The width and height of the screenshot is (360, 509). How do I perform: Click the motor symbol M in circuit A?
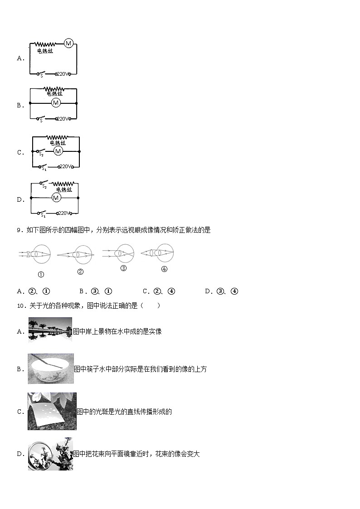click(x=68, y=44)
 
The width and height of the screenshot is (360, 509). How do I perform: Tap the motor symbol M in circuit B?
click(x=56, y=103)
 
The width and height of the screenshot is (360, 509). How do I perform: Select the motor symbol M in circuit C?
click(x=58, y=151)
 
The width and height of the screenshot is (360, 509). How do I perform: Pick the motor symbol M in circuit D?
click(x=56, y=198)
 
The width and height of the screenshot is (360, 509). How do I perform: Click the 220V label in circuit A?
click(x=63, y=74)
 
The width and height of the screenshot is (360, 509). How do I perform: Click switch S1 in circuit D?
click(x=42, y=213)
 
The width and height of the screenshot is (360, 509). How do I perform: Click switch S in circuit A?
click(x=40, y=73)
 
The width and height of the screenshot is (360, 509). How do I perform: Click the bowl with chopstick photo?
click(x=50, y=368)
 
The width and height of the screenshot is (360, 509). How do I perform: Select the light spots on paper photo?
click(x=52, y=411)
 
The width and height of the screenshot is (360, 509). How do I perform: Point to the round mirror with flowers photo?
click(x=50, y=454)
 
